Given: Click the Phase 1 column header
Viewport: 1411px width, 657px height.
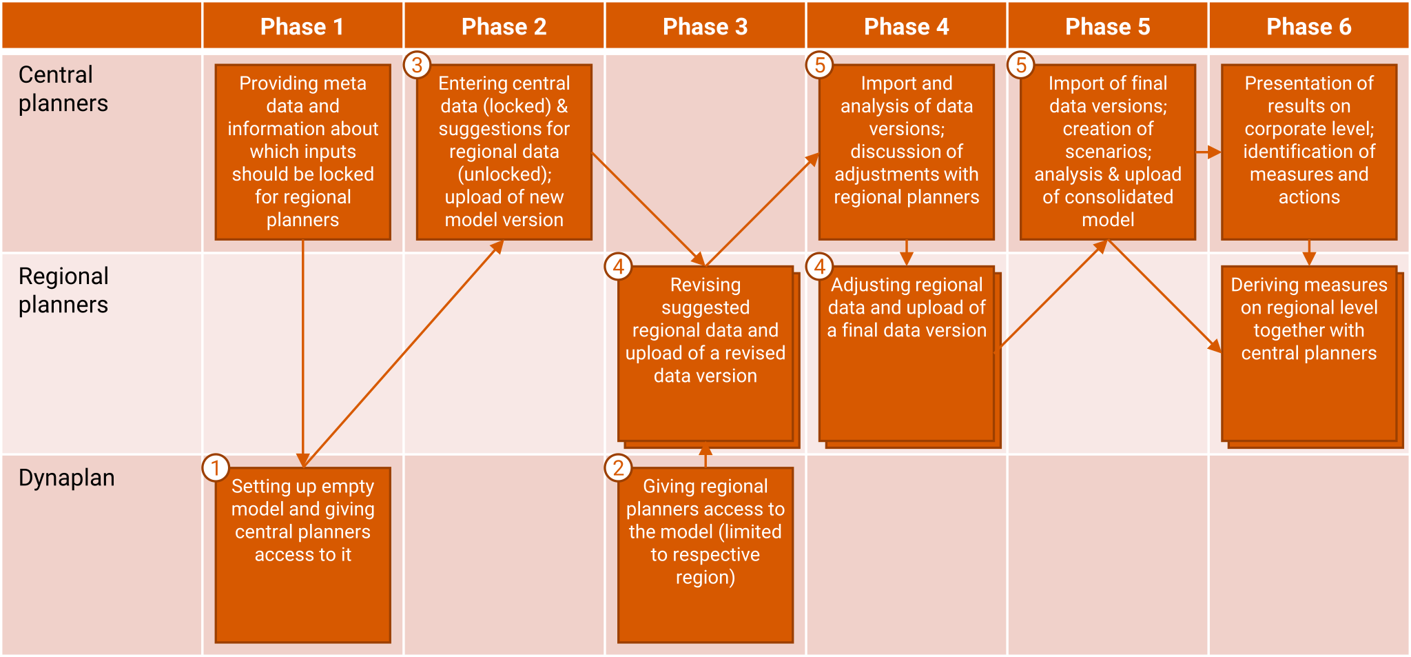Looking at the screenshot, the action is [302, 26].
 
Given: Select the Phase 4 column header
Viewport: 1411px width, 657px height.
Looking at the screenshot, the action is [906, 26].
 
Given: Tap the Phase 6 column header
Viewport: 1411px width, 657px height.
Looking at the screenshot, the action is [1308, 26].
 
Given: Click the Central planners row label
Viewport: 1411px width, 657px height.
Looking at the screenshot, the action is [63, 89].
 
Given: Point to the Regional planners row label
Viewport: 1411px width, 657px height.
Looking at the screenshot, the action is [63, 290].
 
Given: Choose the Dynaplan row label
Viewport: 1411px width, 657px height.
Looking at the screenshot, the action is [67, 478].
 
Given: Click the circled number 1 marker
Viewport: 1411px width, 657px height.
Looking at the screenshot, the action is [216, 468].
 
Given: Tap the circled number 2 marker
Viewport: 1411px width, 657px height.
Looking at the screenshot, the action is [618, 468].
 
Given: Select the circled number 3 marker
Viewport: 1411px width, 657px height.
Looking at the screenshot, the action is [417, 65].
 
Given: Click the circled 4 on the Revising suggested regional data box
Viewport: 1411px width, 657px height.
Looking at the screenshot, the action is [618, 266].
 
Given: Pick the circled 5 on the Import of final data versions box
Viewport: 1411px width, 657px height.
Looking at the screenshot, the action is [1020, 65].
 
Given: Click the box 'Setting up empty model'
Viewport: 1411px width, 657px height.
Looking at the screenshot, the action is [303, 555].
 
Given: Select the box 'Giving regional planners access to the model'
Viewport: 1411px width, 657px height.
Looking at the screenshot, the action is [705, 555].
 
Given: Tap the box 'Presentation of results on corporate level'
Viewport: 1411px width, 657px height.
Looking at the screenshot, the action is [1309, 152].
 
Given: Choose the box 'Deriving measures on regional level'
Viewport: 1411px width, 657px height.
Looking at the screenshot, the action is [1311, 356].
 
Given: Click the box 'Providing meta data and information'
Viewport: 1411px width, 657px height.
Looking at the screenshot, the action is [303, 152].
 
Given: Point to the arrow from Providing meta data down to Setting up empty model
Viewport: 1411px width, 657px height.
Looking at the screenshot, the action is [303, 354].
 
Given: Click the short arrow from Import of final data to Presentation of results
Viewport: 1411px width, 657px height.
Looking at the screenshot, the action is [1208, 152].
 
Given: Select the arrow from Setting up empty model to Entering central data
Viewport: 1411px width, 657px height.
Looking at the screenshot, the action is [403, 354].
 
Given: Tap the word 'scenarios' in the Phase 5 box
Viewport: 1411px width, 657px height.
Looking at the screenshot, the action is [1108, 152].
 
